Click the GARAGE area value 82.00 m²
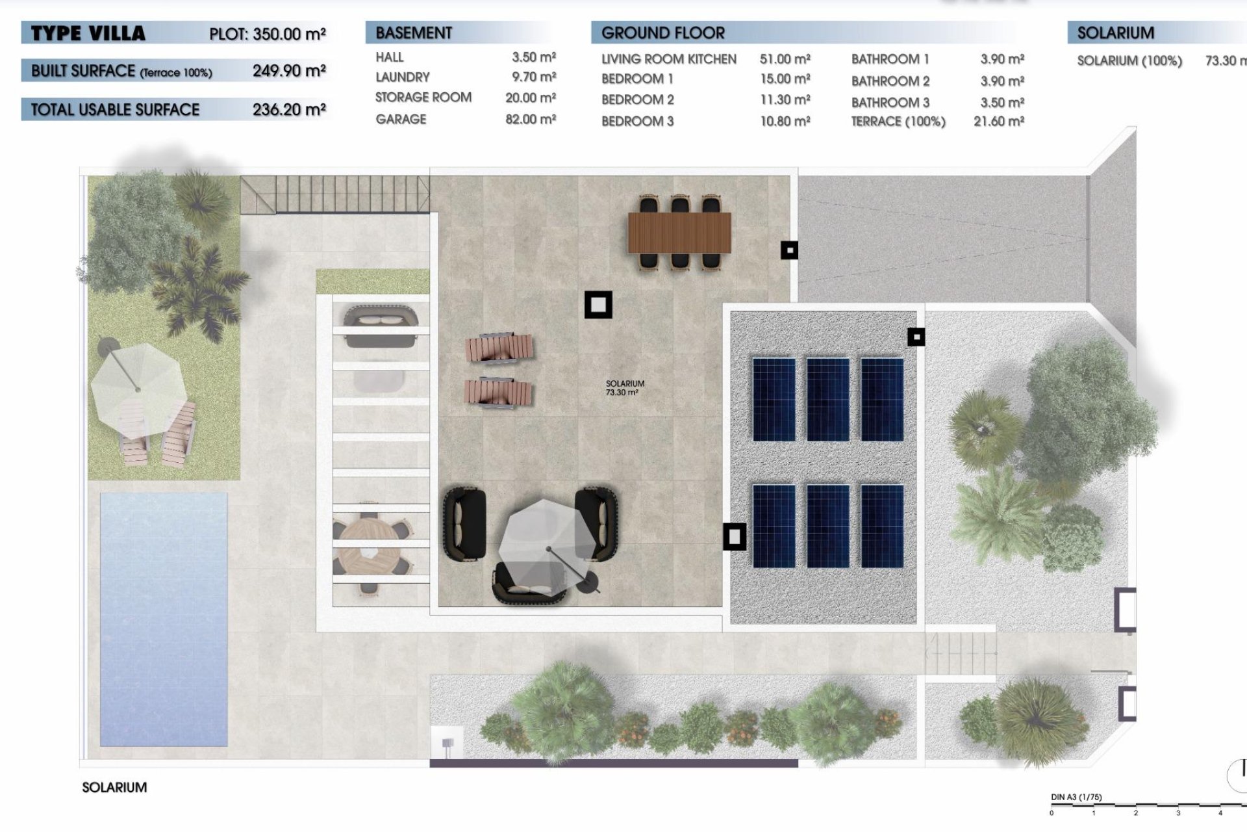coord(530,119)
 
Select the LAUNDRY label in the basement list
coord(402,77)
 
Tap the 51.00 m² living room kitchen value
coord(785,59)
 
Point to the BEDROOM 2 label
coord(637,99)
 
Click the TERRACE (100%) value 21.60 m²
coord(998,121)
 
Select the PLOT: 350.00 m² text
coord(267,34)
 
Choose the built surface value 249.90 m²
coord(288,70)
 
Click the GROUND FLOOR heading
coord(662,32)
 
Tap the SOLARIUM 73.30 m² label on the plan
coord(624,388)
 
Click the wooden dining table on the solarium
coord(679,233)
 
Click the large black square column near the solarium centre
coord(598,304)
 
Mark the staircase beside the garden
coord(335,194)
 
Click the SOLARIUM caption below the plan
coord(114,787)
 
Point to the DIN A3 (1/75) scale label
coord(1076,797)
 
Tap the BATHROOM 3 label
coord(890,102)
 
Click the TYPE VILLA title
coord(88,33)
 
